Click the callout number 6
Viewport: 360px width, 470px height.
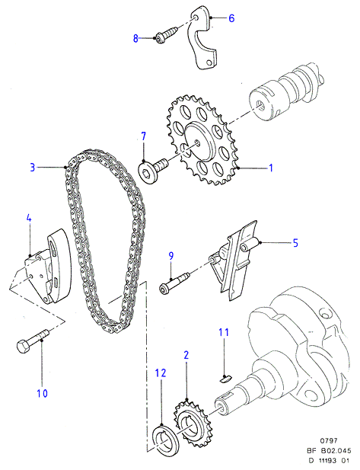point(231,18)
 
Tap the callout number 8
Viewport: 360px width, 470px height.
point(136,38)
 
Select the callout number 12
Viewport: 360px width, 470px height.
point(161,373)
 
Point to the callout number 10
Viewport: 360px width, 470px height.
point(42,393)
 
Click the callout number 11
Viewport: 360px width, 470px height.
point(224,332)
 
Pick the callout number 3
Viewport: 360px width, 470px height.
point(33,167)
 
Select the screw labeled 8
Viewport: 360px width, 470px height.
point(166,35)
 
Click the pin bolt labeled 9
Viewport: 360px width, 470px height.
point(174,282)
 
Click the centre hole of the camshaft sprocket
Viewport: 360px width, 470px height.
point(197,143)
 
